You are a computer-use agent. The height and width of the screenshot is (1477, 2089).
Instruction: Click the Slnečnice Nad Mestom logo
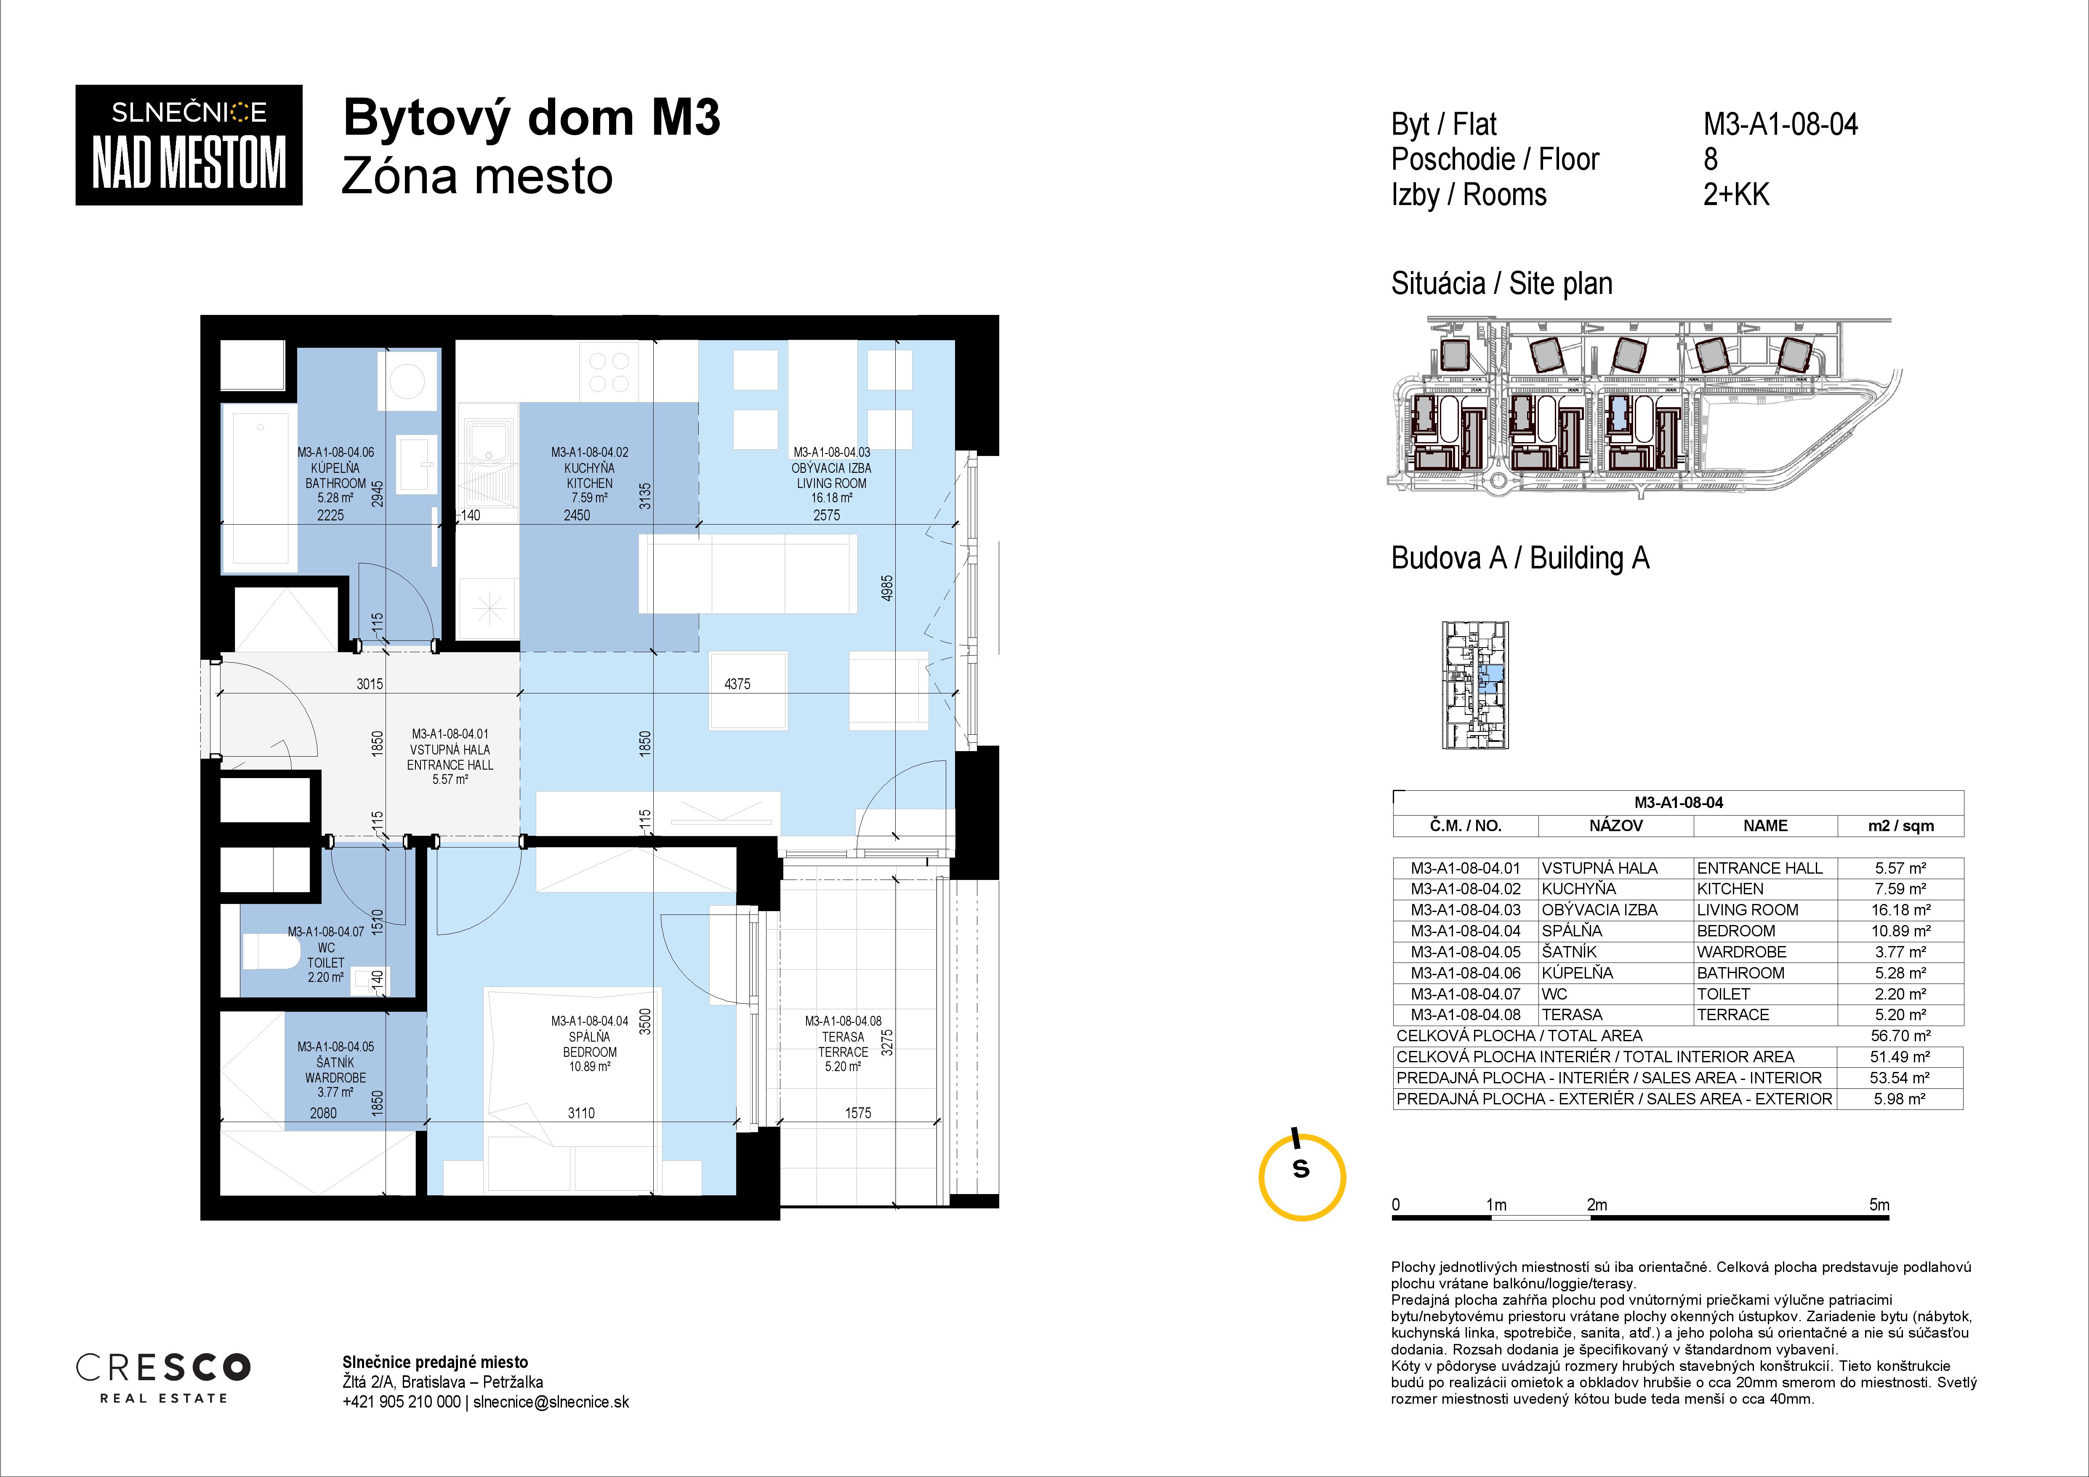188,145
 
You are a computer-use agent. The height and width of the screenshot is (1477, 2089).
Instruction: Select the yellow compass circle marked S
1302,1177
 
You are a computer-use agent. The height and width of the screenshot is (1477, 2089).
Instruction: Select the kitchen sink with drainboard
489,464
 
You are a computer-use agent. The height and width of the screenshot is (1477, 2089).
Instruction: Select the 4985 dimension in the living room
887,587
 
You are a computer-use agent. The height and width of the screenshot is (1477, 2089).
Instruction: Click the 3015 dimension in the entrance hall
370,683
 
